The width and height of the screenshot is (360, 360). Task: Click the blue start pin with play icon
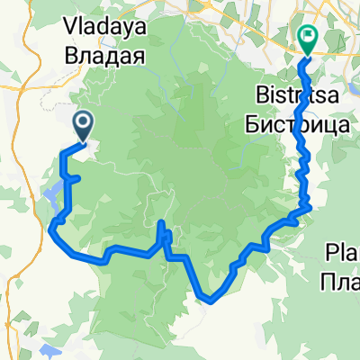[83, 125]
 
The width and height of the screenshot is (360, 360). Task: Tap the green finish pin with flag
[307, 38]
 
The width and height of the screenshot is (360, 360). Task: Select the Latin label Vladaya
[104, 33]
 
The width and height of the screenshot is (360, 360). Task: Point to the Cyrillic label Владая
[104, 56]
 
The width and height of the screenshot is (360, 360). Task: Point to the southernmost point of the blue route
[210, 301]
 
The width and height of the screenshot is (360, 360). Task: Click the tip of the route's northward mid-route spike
[160, 222]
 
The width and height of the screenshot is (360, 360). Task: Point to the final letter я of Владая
[139, 56]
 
